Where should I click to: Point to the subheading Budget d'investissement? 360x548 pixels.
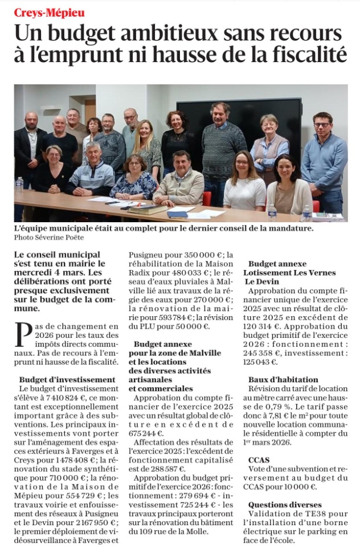coord(67,379)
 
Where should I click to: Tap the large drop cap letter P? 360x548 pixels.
coord(23,334)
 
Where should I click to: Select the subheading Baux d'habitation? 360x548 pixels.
coord(283,379)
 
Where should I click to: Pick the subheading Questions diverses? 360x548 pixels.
coord(285,505)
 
